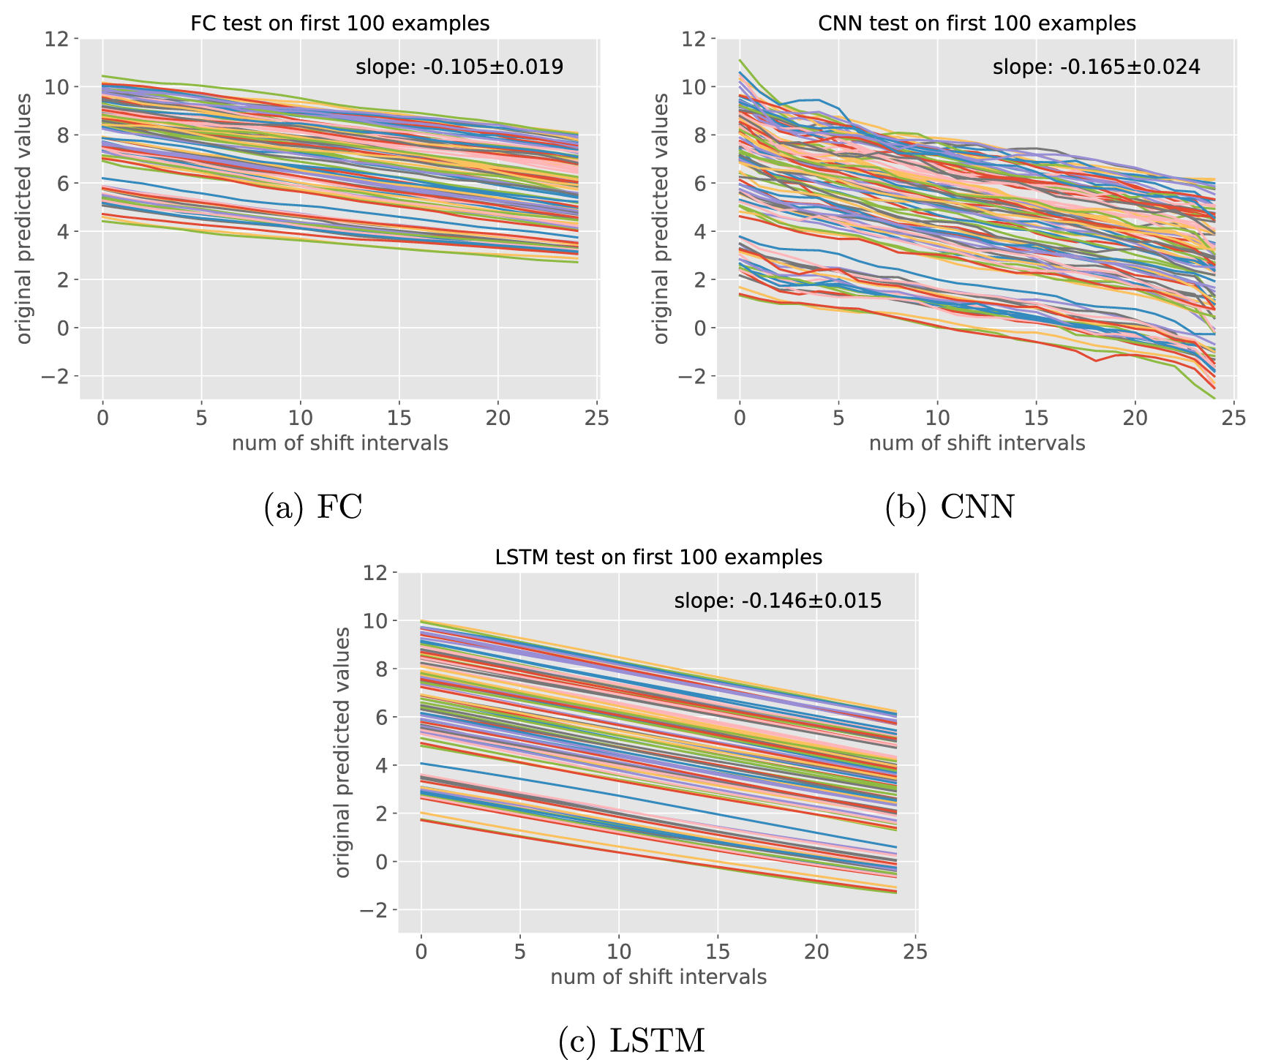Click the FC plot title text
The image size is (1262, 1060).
coord(339,23)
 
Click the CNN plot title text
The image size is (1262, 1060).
coord(977,23)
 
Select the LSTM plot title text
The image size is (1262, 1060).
coord(658,557)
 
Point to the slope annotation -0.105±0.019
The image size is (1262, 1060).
coord(459,68)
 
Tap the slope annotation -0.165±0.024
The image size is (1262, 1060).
coord(1096,68)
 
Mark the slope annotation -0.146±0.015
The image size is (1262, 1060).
coord(778,602)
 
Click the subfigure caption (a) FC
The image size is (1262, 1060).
coord(313,507)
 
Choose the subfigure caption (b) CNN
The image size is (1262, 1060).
coord(950,507)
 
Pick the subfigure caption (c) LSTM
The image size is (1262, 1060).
coord(631,1040)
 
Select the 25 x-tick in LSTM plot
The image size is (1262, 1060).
coord(915,952)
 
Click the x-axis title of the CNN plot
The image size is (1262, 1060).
coord(977,443)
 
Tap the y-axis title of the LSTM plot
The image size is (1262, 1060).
coord(342,752)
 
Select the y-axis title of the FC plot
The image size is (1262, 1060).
coord(24,218)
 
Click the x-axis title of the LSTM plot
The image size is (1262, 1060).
coord(658,977)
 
